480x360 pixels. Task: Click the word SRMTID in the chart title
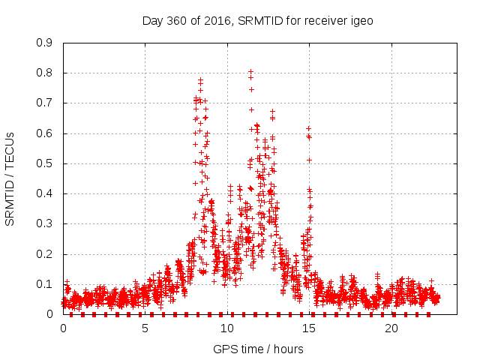(258, 20)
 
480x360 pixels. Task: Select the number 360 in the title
(177, 20)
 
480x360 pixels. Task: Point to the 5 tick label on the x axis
(145, 328)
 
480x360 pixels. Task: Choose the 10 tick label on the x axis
(227, 328)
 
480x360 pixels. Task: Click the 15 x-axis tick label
(309, 328)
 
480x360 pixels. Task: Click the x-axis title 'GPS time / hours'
(258, 349)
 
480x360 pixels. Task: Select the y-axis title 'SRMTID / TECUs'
(10, 178)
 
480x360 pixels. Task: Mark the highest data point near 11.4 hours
(250, 71)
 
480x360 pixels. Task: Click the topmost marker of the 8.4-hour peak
(200, 79)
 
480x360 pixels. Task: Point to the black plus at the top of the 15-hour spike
(308, 128)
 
